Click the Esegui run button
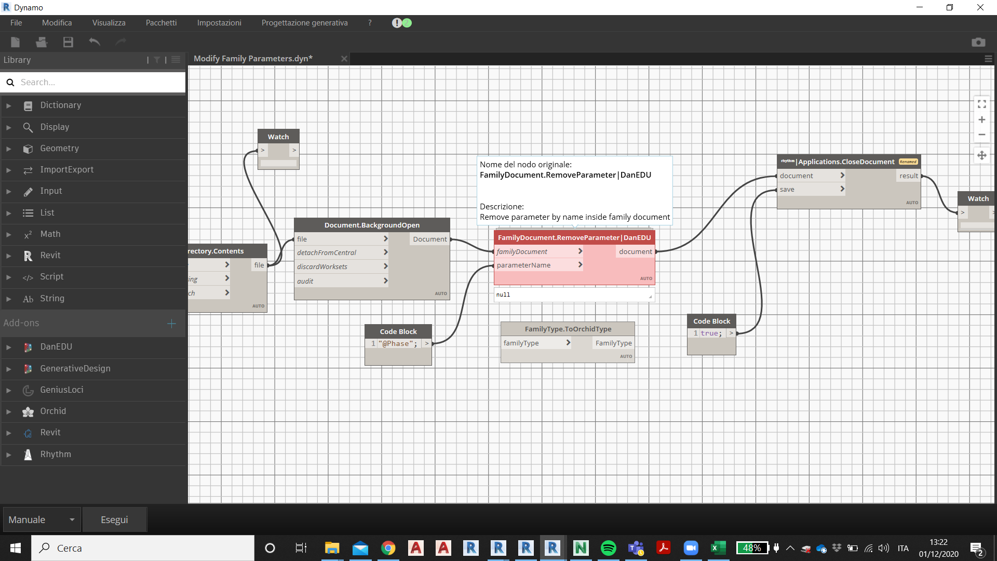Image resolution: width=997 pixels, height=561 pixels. [114, 520]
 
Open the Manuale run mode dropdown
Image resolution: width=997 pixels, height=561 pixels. [42, 520]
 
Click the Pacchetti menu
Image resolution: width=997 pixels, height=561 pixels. [161, 23]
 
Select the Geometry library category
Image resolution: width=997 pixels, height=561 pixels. [60, 149]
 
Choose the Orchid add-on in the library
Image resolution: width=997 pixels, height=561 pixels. [53, 411]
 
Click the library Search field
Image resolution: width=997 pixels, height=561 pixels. [99, 82]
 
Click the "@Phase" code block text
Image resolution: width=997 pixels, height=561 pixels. [398, 344]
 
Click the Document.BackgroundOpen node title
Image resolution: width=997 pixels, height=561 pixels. [372, 225]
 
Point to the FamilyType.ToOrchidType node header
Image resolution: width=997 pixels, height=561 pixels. [568, 329]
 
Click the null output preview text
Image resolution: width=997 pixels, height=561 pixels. [503, 295]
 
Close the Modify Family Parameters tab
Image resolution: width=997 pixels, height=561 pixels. [344, 59]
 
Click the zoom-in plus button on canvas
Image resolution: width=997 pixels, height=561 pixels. [981, 120]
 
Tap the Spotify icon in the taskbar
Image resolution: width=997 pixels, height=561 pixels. [608, 548]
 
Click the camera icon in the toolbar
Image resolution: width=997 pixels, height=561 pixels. [978, 42]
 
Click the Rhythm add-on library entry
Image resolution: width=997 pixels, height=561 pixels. [56, 455]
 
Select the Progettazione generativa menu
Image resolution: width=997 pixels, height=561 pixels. [304, 23]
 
